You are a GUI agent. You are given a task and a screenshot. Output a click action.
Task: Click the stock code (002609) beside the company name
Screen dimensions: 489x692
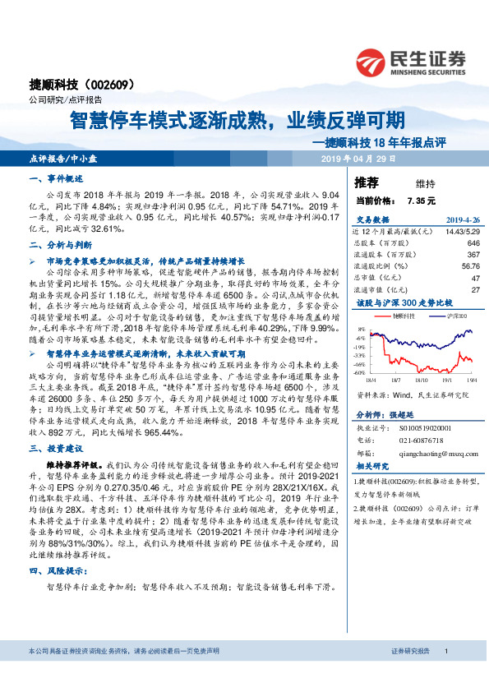(x=119, y=85)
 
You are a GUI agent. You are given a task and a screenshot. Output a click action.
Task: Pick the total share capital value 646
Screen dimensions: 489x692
(x=473, y=243)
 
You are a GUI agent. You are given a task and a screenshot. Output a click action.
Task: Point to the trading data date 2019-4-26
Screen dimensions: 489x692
(x=462, y=221)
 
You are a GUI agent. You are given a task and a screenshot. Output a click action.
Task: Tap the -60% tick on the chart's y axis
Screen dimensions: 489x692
(x=359, y=372)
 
